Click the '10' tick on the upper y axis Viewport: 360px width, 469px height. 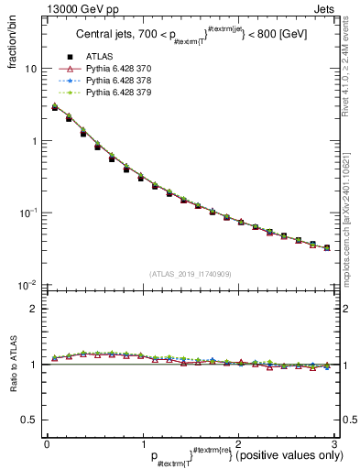30,70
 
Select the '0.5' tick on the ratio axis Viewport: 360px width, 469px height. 28,420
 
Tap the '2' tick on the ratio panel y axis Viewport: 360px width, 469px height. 33,309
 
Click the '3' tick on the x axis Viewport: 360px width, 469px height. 333,443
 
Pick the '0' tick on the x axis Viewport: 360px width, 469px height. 47,443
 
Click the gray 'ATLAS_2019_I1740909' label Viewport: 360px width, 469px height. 190,274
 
